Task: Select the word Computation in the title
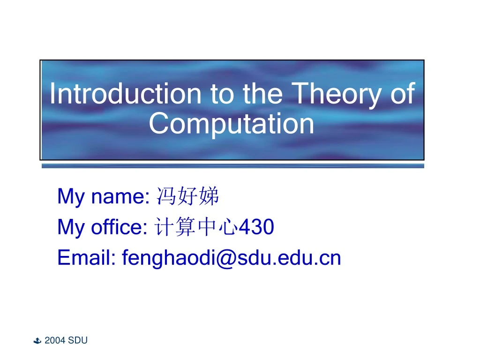(232, 124)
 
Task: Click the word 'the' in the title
(262, 94)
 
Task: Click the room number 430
(257, 227)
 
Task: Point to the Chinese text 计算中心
(196, 227)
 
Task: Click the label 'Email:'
(86, 258)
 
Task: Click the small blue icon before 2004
(38, 341)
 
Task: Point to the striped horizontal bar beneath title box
(232, 166)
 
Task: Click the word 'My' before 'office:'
(71, 228)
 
